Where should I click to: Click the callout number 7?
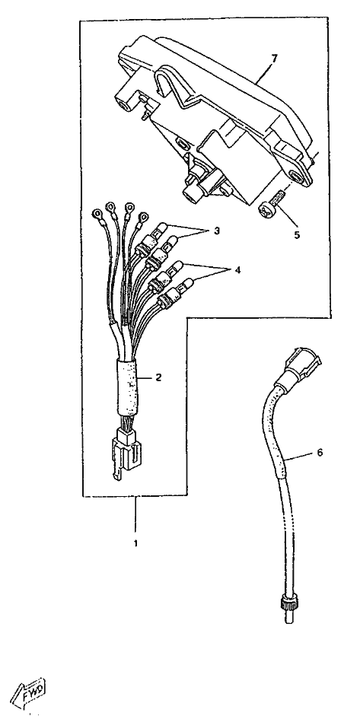pos(274,59)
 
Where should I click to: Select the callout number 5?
pos(297,234)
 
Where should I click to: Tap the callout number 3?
pos(216,231)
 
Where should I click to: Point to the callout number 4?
pos(237,270)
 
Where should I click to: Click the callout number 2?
pos(158,377)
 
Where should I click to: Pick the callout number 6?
pos(320,452)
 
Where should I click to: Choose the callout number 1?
pos(135,543)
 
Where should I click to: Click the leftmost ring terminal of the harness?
pos(97,214)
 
